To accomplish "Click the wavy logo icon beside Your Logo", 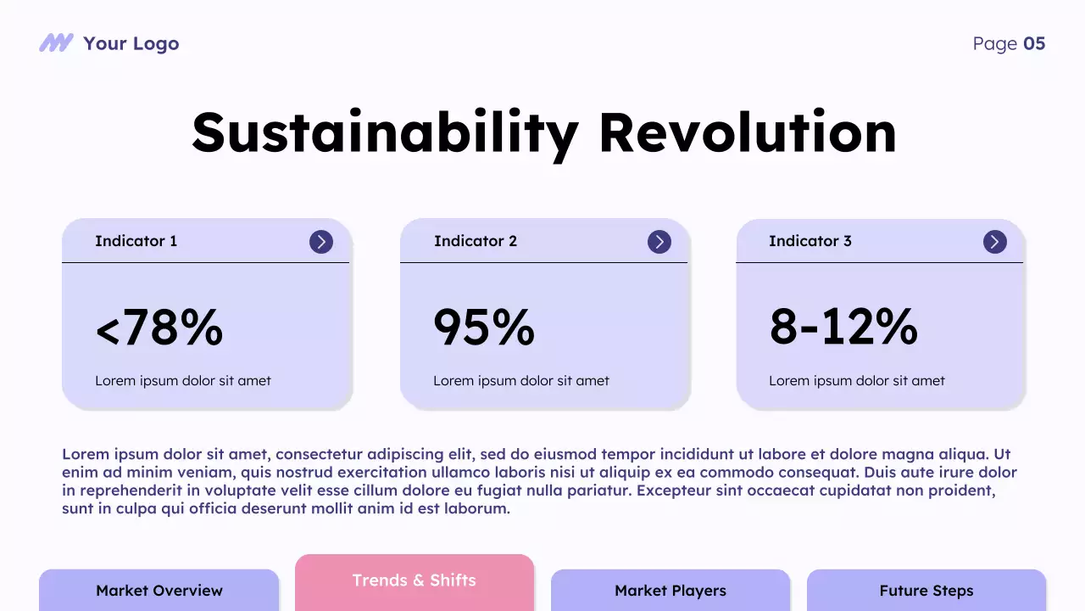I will click(x=56, y=43).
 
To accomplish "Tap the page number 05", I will click(x=1034, y=43).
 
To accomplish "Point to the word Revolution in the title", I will click(x=747, y=132).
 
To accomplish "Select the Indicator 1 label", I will click(x=136, y=241).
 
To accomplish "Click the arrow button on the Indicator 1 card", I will click(x=321, y=242).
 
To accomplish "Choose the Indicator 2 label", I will click(x=475, y=241).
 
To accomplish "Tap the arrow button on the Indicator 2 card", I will click(x=659, y=242).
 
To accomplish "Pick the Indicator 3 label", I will click(x=810, y=241).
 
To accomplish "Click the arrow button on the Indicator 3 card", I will click(x=995, y=242).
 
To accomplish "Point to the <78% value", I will click(x=159, y=328).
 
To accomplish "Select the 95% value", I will click(x=484, y=328).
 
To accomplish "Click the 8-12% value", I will click(x=843, y=328).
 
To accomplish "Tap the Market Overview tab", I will click(x=159, y=591).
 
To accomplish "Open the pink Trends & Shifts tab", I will click(x=415, y=581).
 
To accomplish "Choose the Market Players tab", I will click(x=670, y=591).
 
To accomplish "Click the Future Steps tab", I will click(x=926, y=591).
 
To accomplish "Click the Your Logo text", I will click(x=131, y=43).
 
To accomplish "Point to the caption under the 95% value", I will click(x=521, y=381).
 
